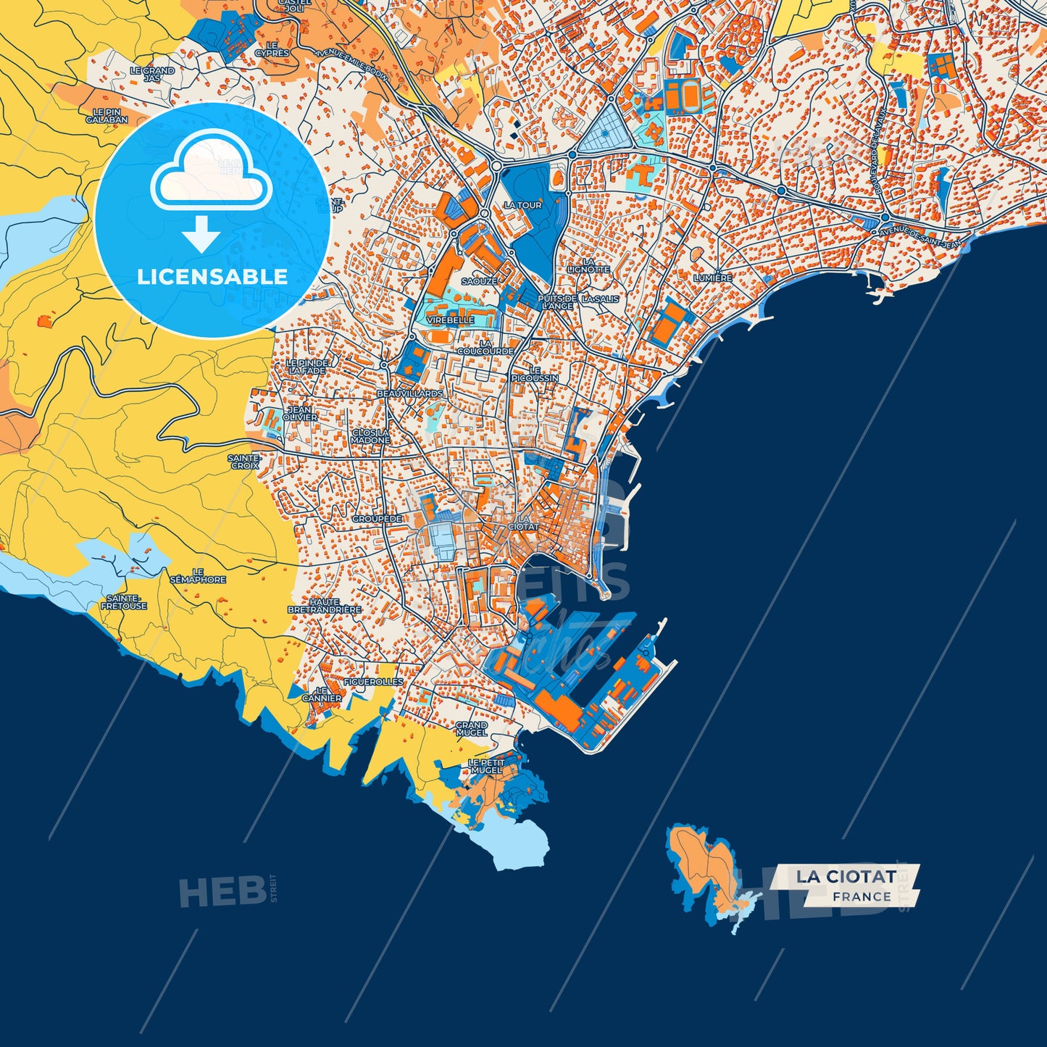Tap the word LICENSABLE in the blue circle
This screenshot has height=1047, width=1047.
point(212,276)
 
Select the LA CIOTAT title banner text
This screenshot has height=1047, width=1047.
point(846,876)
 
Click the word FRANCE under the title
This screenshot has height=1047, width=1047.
point(862,897)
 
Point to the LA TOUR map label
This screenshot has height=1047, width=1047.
point(522,205)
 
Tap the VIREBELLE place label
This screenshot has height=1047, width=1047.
point(450,320)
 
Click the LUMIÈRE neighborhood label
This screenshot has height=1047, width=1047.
point(712,278)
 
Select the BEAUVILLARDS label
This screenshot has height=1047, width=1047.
point(409,393)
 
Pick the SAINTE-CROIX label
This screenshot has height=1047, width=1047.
point(244,462)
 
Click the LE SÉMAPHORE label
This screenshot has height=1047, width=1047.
point(198,576)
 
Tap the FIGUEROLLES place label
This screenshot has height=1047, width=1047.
point(373,682)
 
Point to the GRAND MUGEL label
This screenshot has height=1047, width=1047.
point(471,728)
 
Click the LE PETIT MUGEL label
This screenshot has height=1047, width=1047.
point(486,766)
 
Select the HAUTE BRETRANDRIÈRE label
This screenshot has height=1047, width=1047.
point(324,606)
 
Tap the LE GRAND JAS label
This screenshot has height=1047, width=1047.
point(152,74)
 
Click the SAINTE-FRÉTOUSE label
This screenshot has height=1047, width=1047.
point(124,602)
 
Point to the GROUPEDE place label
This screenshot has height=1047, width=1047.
point(377,519)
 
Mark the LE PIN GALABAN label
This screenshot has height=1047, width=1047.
point(107,116)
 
